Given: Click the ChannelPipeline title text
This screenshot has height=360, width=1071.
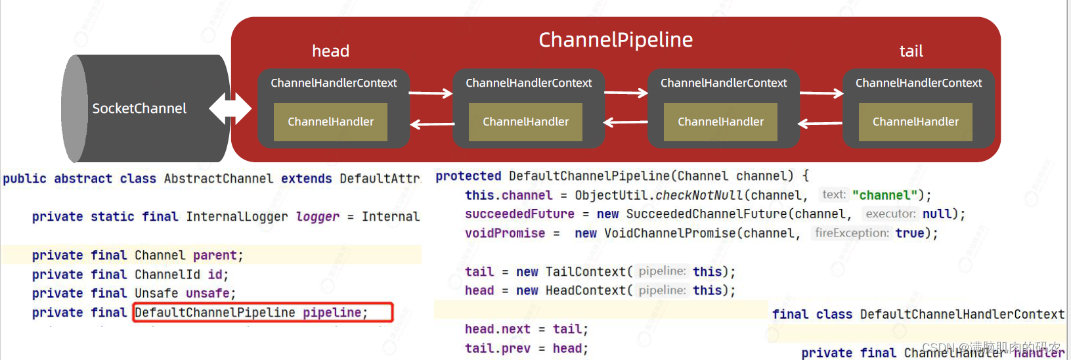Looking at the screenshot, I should pyautogui.click(x=615, y=40).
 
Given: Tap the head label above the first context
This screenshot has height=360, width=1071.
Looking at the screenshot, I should pyautogui.click(x=330, y=51).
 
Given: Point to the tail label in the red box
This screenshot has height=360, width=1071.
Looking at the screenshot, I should pyautogui.click(x=911, y=51).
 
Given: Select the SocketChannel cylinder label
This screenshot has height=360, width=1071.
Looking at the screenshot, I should pyautogui.click(x=139, y=108).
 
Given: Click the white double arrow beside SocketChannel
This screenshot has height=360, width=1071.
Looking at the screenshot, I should pyautogui.click(x=230, y=108).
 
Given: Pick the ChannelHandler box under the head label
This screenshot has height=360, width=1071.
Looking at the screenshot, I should pyautogui.click(x=330, y=122).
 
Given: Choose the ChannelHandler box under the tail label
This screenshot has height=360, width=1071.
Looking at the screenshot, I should pyautogui.click(x=915, y=122).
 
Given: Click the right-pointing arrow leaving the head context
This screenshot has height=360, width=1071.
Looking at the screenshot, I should pyautogui.click(x=431, y=93).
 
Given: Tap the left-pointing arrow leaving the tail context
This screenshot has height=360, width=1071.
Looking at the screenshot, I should pyautogui.click(x=820, y=123).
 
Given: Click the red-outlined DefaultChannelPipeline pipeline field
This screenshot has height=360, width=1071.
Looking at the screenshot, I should pyautogui.click(x=263, y=313).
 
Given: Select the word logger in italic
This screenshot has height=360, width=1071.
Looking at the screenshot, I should pyautogui.click(x=317, y=217).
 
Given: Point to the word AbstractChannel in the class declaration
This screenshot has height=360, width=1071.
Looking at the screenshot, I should pyautogui.click(x=218, y=179).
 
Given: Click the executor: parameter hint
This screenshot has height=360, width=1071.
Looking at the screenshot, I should pyautogui.click(x=890, y=214).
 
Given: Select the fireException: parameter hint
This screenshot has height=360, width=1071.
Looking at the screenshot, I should pyautogui.click(x=852, y=233).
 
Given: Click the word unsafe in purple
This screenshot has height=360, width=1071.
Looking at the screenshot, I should pyautogui.click(x=208, y=294).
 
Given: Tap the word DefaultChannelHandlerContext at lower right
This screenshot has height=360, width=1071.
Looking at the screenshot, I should pyautogui.click(x=962, y=315).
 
